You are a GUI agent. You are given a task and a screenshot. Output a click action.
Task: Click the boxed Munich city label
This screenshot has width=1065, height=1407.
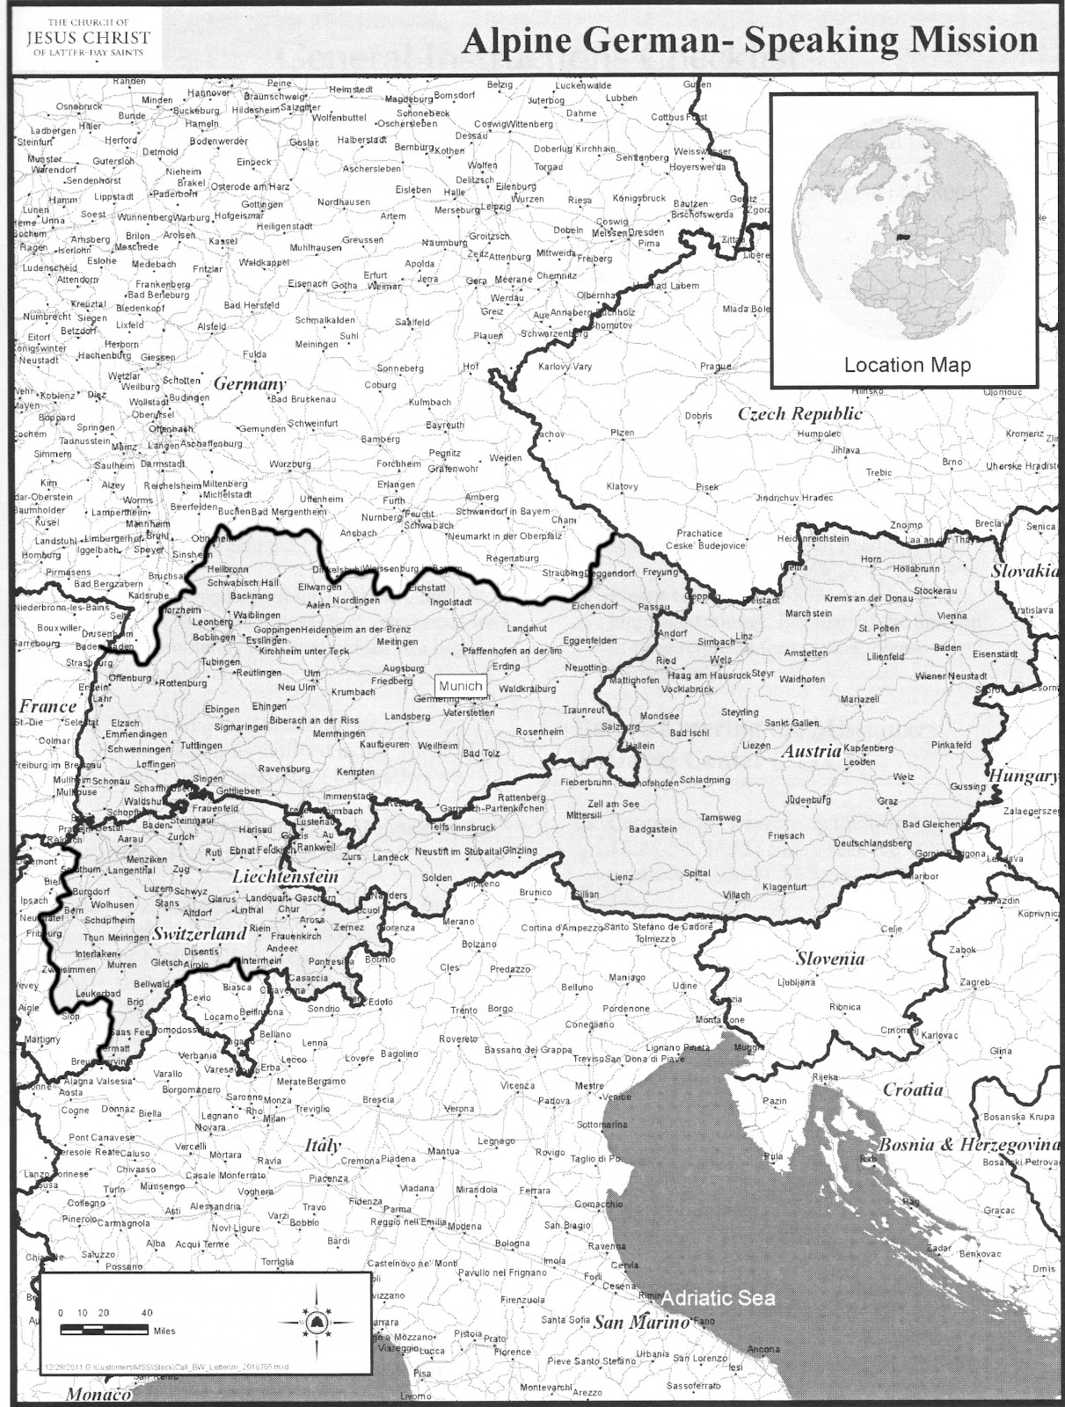tap(460, 686)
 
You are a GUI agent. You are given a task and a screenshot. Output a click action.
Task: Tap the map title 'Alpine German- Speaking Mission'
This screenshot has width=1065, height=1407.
tap(750, 40)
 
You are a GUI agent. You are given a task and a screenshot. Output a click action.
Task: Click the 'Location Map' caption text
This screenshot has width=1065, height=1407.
tap(907, 365)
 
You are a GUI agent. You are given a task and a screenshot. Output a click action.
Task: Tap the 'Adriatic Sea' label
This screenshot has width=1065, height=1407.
tap(719, 1298)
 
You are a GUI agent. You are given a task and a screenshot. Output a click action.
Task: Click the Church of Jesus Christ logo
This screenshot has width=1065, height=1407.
tap(88, 37)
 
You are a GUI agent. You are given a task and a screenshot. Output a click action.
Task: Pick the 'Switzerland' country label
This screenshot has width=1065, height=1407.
tap(199, 935)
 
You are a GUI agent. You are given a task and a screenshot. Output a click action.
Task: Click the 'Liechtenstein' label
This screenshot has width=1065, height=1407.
tap(285, 877)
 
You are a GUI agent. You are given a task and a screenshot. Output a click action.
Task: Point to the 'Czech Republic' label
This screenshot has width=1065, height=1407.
tap(799, 413)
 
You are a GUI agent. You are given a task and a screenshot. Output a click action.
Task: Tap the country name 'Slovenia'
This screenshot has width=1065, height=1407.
tap(830, 959)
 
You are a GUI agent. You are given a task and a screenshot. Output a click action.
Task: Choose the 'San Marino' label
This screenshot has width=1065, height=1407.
tap(640, 1323)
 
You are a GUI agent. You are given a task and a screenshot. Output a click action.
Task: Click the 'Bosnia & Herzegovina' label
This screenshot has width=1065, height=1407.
tap(969, 1145)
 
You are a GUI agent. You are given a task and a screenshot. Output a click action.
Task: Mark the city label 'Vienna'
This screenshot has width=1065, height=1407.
tap(952, 616)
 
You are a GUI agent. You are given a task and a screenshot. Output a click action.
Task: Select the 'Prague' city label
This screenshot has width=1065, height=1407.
tap(717, 367)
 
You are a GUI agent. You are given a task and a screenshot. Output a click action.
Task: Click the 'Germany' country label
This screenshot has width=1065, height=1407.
tap(250, 384)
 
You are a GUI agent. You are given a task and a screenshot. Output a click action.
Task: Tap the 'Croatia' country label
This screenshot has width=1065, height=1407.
tap(913, 1090)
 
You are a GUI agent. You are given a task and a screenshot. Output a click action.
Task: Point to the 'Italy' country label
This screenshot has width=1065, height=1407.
tap(322, 1146)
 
